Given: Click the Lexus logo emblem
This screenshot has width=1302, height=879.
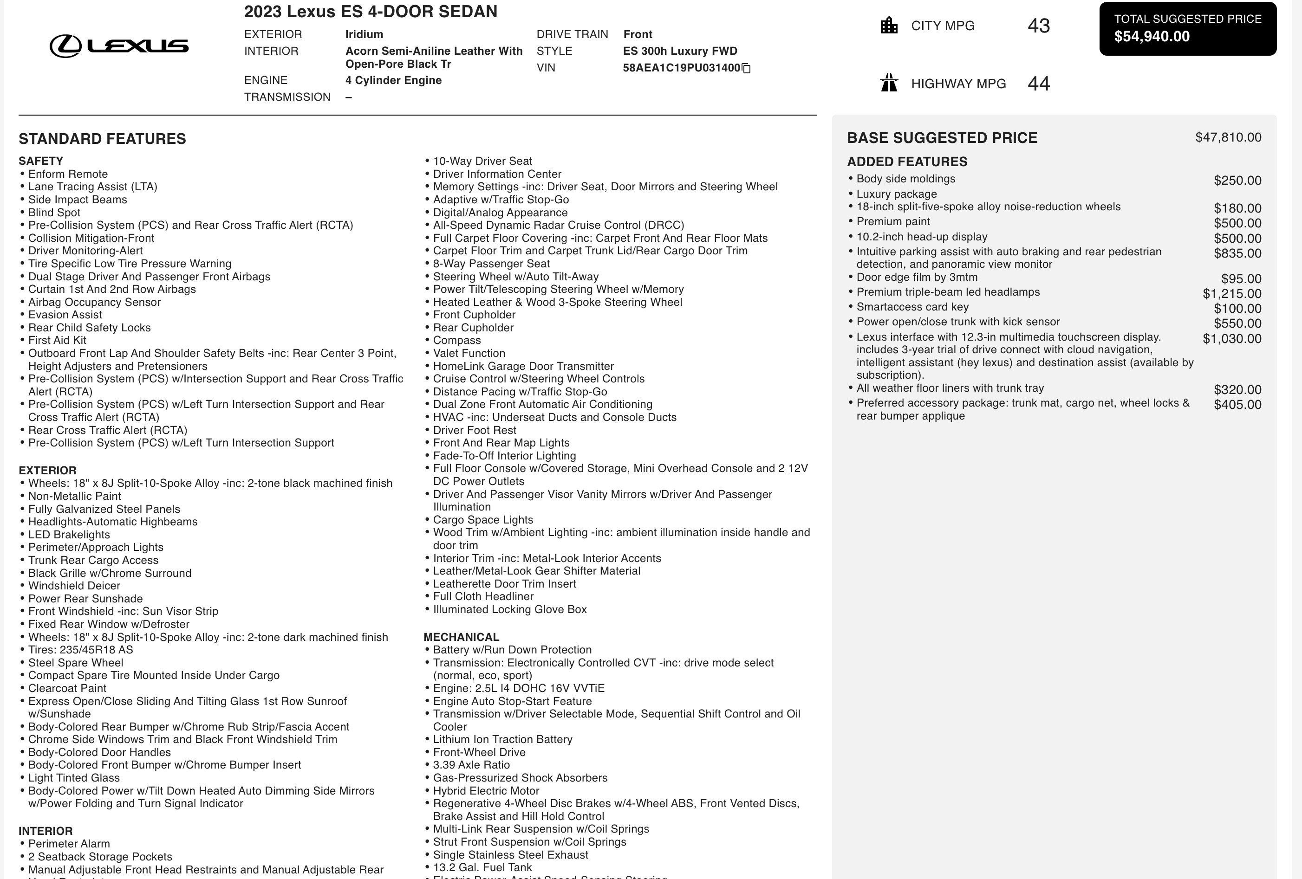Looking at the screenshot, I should point(65,46).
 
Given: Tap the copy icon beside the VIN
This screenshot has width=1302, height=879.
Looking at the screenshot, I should point(746,68).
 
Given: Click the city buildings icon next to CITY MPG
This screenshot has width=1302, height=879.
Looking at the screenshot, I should point(889,26).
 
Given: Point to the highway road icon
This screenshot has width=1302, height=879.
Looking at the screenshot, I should point(889,83).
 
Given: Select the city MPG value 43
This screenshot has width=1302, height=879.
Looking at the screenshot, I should point(1038,26).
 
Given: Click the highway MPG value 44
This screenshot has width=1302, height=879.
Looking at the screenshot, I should point(1038,84).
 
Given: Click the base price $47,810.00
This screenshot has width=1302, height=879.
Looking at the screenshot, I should point(1228,137).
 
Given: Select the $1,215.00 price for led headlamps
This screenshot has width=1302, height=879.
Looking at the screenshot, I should point(1231,293).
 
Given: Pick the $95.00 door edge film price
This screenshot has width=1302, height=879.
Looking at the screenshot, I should point(1241,279).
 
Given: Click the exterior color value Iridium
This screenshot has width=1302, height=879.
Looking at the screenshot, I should point(364,34).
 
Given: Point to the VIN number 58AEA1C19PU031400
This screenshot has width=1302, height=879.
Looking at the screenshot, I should point(681,68).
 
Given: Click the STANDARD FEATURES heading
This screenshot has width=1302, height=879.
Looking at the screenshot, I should point(102,139).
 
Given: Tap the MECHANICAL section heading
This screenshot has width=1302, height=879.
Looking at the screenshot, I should point(461,637).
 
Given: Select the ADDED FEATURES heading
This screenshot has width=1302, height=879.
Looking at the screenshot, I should point(907,162).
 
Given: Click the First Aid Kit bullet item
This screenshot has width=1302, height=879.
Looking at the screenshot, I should point(57,340).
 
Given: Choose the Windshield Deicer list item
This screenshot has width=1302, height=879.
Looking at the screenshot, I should point(74,586).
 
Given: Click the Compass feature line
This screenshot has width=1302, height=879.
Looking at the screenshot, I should point(456,340).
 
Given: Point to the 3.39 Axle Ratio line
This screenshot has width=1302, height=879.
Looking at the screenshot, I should point(471,765).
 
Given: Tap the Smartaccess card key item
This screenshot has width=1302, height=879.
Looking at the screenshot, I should point(912,307).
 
